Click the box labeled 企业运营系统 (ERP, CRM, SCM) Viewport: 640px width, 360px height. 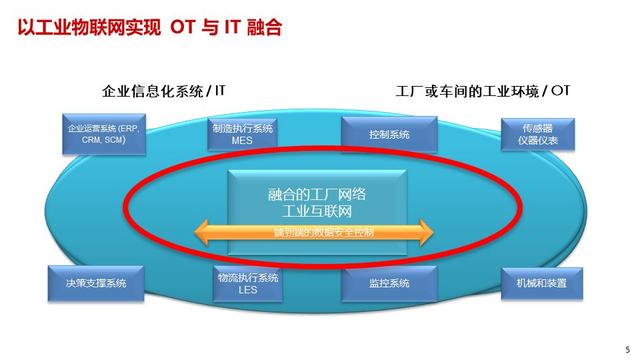point(102,135)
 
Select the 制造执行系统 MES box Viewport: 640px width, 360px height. point(242,135)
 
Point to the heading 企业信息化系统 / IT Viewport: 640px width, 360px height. point(164,90)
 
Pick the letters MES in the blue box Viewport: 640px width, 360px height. point(242,141)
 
